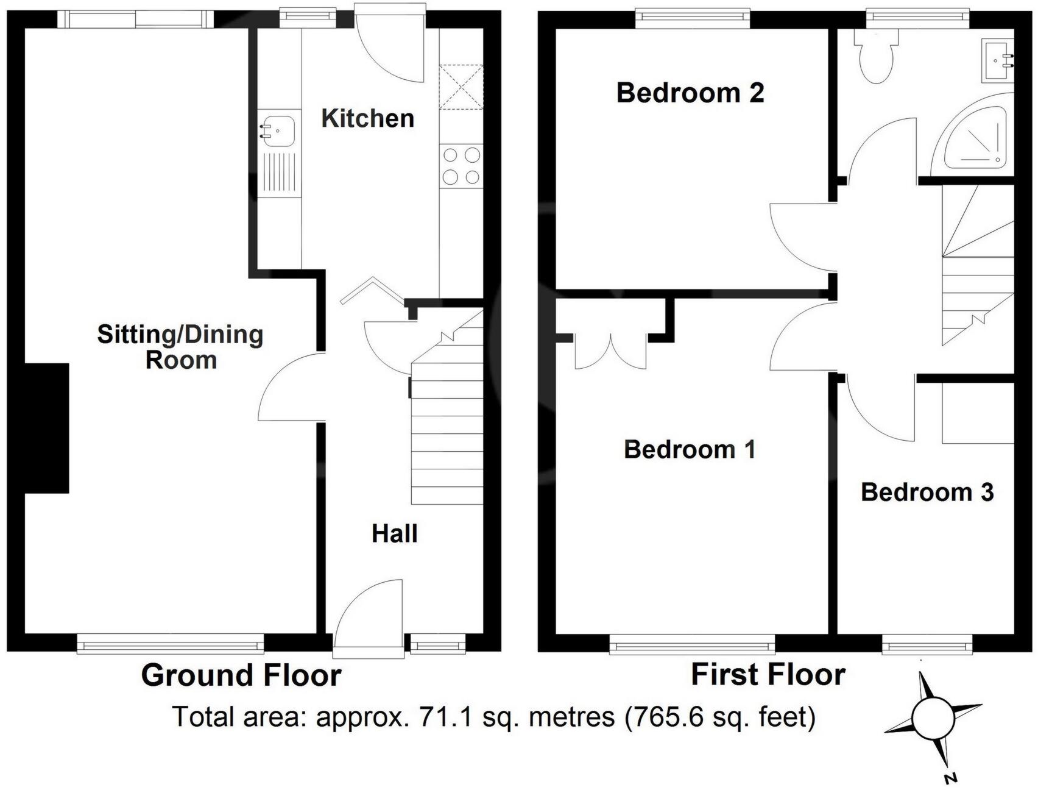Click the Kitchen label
(x=367, y=118)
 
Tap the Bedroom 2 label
(x=690, y=93)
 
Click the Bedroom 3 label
(x=927, y=492)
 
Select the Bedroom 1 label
(x=689, y=450)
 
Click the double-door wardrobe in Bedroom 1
(x=611, y=352)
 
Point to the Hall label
(x=394, y=534)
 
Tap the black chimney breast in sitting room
(x=46, y=428)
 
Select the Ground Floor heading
(x=241, y=675)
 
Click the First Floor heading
(x=768, y=675)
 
